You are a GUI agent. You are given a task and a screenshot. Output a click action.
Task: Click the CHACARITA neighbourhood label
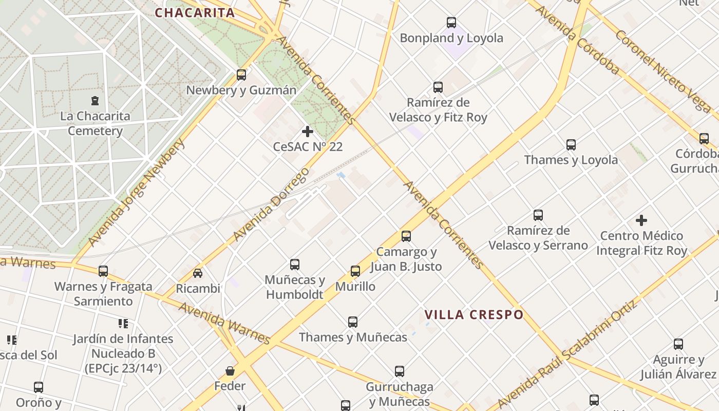click(195, 13)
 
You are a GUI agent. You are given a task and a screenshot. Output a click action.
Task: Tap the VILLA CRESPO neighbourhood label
click(474, 314)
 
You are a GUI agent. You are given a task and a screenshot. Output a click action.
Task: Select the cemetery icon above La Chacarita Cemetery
click(94, 101)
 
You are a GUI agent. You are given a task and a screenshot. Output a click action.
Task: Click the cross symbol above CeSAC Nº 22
click(308, 132)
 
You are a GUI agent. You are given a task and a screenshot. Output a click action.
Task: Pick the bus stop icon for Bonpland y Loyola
click(451, 23)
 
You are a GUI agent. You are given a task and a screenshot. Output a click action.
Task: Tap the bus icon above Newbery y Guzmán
click(241, 75)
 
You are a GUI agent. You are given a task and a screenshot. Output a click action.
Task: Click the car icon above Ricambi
click(198, 273)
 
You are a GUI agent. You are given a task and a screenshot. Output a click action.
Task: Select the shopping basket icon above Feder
click(230, 370)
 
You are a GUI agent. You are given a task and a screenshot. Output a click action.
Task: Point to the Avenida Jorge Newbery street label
click(136, 192)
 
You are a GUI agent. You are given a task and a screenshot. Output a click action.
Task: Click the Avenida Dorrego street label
click(272, 204)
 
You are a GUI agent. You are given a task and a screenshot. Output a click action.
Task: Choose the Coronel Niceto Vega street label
click(663, 70)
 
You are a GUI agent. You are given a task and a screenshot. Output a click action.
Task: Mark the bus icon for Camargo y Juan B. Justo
click(406, 236)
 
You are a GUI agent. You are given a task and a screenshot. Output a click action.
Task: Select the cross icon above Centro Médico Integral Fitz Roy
click(641, 220)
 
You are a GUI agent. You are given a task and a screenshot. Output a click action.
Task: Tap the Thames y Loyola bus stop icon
click(571, 145)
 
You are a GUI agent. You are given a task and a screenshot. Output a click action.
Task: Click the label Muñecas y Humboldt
click(295, 287)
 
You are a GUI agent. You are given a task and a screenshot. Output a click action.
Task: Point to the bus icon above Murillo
click(355, 271)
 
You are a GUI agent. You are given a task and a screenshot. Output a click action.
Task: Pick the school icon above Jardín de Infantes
click(123, 324)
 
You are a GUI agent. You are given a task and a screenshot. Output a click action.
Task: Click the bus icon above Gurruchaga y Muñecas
click(400, 371)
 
